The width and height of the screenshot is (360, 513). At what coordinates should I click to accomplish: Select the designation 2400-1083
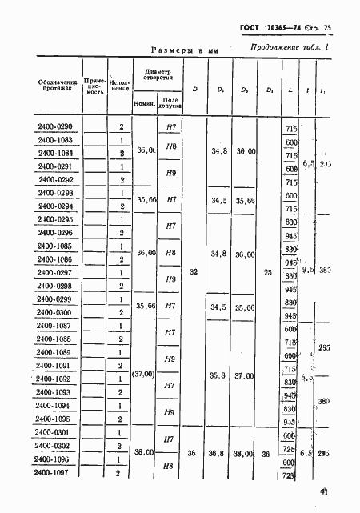[x=54, y=140]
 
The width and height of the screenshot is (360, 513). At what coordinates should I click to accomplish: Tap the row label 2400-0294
[x=54, y=206]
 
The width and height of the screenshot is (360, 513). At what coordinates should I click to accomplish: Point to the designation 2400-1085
[x=54, y=246]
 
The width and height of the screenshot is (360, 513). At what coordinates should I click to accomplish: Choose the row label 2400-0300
[x=54, y=312]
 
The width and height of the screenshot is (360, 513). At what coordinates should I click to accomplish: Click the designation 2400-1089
[x=54, y=352]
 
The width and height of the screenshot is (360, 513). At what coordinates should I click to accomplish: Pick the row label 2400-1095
[x=54, y=419]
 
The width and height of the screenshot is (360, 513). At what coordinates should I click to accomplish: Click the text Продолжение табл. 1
[x=279, y=46]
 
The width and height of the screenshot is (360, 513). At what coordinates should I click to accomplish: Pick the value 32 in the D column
[x=194, y=272]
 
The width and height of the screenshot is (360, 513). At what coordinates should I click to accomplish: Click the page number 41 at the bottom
[x=328, y=494]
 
